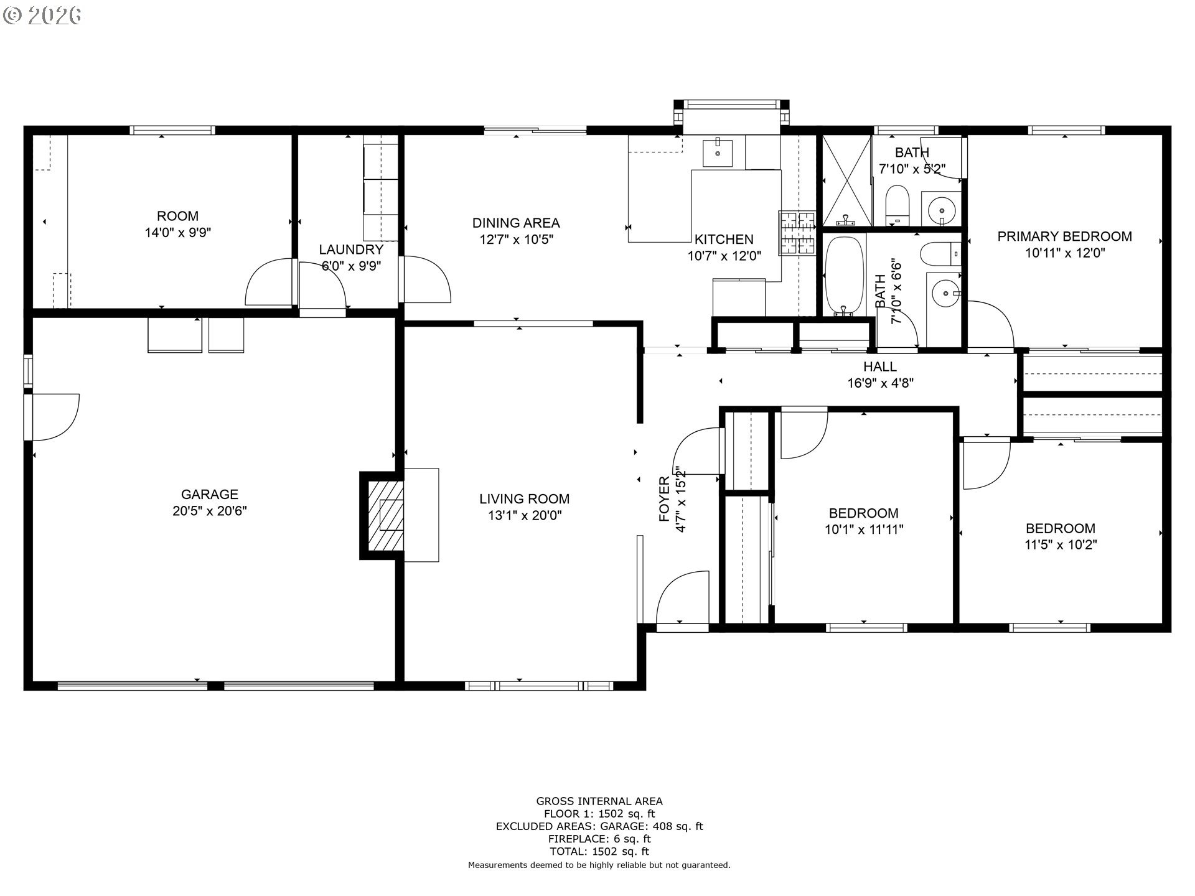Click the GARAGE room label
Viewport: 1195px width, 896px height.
pyautogui.click(x=209, y=494)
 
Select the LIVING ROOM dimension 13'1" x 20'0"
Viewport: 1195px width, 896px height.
pyautogui.click(x=524, y=515)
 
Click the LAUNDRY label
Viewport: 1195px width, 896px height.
pyautogui.click(x=351, y=250)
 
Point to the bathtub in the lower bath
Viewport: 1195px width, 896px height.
pyautogui.click(x=844, y=276)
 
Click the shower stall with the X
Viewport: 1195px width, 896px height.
pyautogui.click(x=846, y=180)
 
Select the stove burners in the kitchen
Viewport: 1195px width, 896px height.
pyautogui.click(x=796, y=233)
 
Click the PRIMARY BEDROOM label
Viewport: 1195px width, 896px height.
pyautogui.click(x=1064, y=236)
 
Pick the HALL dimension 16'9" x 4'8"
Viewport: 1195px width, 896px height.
pyautogui.click(x=880, y=383)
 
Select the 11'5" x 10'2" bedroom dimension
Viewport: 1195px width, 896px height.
pyautogui.click(x=1061, y=545)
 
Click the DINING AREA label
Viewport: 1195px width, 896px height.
pyautogui.click(x=515, y=223)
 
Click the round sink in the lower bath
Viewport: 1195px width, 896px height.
pyautogui.click(x=945, y=292)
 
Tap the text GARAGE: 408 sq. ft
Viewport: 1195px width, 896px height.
pyautogui.click(x=651, y=826)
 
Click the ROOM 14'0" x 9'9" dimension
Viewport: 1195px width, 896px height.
pyautogui.click(x=177, y=233)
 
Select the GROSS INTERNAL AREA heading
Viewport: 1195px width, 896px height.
pyautogui.click(x=599, y=801)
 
